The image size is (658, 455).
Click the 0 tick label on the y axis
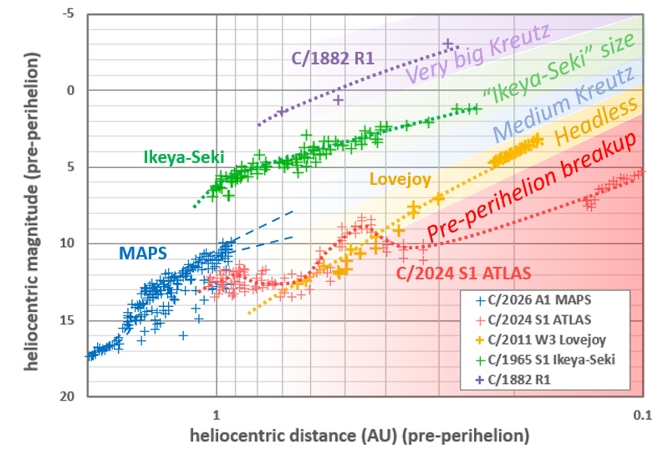click(71, 90)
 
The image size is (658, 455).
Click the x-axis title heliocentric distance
click(360, 436)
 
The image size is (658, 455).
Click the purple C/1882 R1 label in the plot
click(331, 59)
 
